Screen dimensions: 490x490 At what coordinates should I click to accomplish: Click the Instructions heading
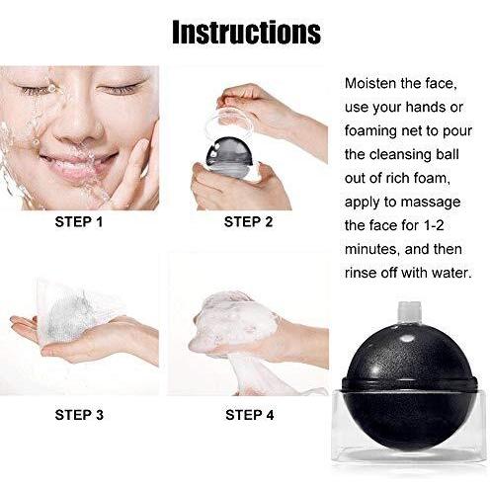[x=246, y=32]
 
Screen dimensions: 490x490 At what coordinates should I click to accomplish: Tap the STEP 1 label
[x=79, y=222]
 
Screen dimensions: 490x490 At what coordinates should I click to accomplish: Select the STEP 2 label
[x=249, y=222]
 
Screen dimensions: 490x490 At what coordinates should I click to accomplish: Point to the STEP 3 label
[x=79, y=415]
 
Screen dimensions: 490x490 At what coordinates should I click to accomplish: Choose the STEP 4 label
[x=250, y=415]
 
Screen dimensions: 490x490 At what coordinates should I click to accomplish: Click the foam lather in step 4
[x=235, y=318]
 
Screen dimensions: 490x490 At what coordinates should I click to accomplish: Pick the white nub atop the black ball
[x=409, y=311]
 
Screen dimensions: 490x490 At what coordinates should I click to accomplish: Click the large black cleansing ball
[x=409, y=385]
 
